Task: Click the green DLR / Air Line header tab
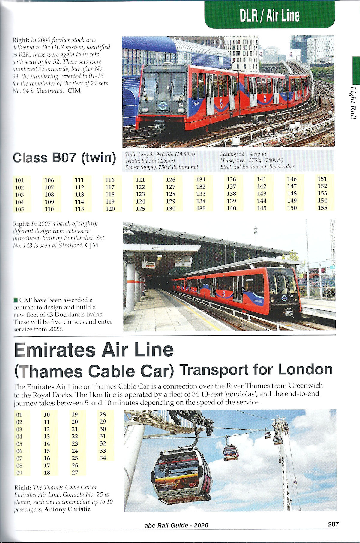click(269, 15)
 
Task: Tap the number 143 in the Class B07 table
click(262, 194)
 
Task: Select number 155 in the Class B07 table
click(322, 208)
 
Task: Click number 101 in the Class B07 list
click(19, 181)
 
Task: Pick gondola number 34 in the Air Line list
click(103, 458)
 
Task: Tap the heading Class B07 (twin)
click(64, 158)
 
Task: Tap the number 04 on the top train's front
click(181, 105)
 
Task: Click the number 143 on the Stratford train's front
click(291, 296)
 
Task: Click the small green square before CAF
click(16, 300)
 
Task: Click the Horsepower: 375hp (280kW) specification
click(251, 160)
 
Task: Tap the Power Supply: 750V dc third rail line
click(161, 167)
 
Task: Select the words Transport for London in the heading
click(256, 370)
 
